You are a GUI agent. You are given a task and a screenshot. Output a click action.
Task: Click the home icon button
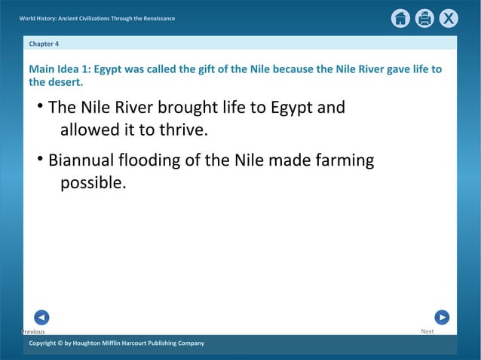(400, 18)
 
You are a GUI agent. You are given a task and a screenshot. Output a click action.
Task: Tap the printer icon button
(424, 18)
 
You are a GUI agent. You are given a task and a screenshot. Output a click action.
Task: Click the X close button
(449, 18)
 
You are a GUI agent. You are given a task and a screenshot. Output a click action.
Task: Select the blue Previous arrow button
(42, 317)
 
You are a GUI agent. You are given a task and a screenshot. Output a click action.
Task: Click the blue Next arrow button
(442, 317)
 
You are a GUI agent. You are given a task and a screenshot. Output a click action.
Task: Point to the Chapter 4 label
(44, 44)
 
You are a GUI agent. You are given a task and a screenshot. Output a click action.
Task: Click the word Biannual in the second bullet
(81, 160)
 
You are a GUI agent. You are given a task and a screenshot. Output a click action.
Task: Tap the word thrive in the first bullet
(180, 130)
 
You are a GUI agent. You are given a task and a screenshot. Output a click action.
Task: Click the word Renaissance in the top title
(155, 18)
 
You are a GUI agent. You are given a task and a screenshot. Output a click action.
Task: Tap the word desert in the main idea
(64, 82)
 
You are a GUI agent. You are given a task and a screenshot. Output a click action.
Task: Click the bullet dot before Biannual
(40, 159)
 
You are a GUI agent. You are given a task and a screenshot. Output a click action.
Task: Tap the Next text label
(427, 331)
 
